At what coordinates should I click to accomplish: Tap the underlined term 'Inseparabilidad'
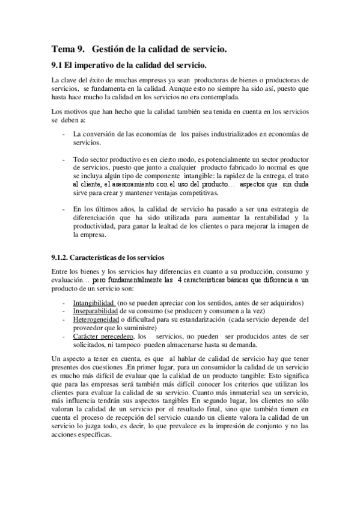[x=96, y=311]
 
